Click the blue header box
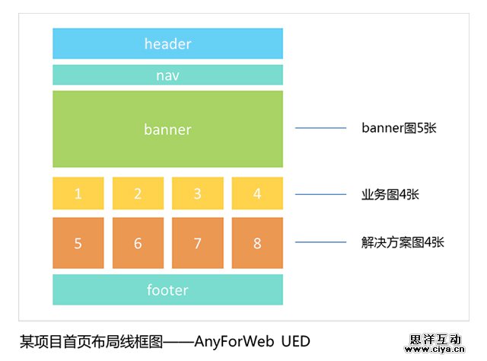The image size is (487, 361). click(167, 43)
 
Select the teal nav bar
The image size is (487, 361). click(167, 75)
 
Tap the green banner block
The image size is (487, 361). click(167, 129)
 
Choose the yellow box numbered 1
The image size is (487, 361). click(78, 193)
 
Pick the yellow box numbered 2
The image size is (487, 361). click(138, 193)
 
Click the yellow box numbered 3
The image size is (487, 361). click(197, 193)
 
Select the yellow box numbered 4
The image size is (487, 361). click(257, 193)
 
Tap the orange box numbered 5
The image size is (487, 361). click(78, 243)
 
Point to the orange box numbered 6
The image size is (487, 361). click(138, 243)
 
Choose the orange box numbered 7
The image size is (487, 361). click(197, 243)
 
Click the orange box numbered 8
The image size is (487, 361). click(257, 243)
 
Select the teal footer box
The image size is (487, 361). click(167, 290)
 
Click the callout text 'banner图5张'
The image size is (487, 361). click(399, 128)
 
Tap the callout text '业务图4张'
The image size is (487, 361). click(390, 194)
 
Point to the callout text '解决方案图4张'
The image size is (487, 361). click(403, 243)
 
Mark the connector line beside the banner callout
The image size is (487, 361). click(319, 128)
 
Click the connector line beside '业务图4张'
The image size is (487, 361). click(319, 194)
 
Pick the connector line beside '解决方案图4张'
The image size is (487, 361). click(319, 243)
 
